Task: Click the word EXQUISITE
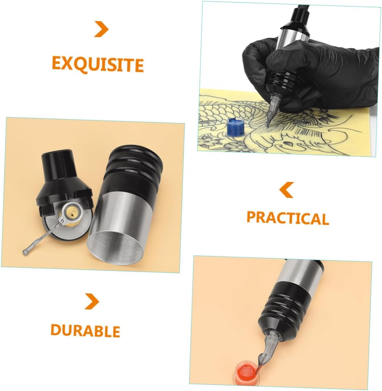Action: pyautogui.click(x=98, y=65)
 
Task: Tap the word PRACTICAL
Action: pyautogui.click(x=288, y=218)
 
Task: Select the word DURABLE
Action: pyautogui.click(x=85, y=331)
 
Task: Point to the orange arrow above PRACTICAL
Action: pyautogui.click(x=286, y=190)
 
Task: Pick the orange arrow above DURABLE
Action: pyautogui.click(x=92, y=301)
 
